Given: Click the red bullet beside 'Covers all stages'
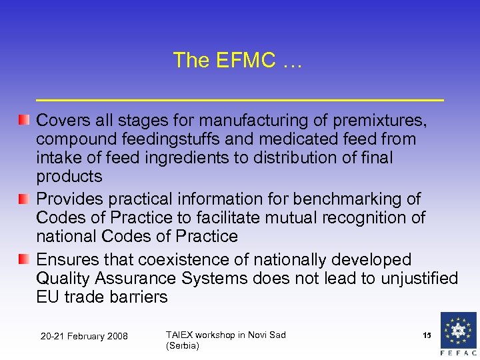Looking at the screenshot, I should [x=24, y=120].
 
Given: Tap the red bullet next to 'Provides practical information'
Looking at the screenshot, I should [x=24, y=199].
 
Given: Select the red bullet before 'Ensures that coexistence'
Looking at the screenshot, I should [x=24, y=259].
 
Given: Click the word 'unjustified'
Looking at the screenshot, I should [x=419, y=278].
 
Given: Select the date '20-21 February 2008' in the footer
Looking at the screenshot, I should [x=84, y=336].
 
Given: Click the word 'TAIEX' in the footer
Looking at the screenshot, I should [x=179, y=335].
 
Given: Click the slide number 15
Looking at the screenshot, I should [x=427, y=335].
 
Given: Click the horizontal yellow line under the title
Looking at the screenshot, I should [x=240, y=99].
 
